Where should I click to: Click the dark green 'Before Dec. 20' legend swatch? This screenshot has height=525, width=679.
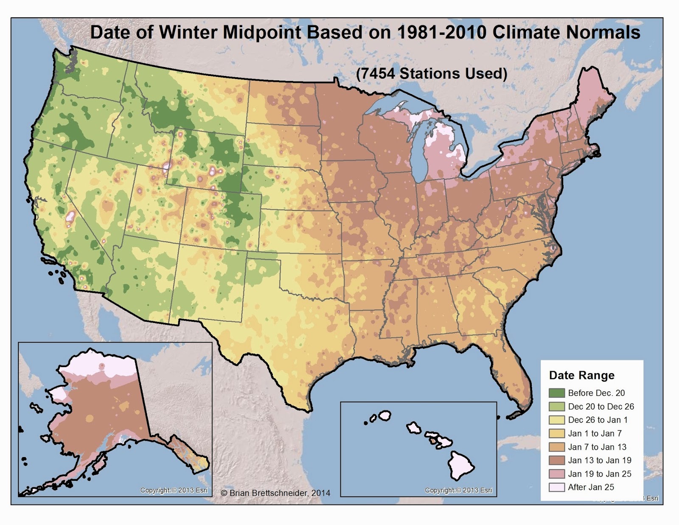[x=556, y=393]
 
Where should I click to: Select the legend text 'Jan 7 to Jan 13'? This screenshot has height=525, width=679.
[x=597, y=447]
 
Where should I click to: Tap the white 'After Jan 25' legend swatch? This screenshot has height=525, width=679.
[x=556, y=487]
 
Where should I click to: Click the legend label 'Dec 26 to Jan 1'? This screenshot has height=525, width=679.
[x=598, y=420]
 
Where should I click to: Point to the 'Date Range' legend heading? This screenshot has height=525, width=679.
[x=581, y=375]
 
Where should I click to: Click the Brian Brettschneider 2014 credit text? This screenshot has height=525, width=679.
[x=275, y=493]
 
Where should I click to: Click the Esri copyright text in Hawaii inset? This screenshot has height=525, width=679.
[x=458, y=490]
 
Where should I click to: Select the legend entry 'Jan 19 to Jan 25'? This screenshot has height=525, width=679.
[x=599, y=474]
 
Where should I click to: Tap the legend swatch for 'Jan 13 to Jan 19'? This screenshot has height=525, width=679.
[x=556, y=460]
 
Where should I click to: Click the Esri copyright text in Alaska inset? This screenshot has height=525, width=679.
[x=174, y=490]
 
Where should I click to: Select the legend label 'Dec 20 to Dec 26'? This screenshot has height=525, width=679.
[x=600, y=407]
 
